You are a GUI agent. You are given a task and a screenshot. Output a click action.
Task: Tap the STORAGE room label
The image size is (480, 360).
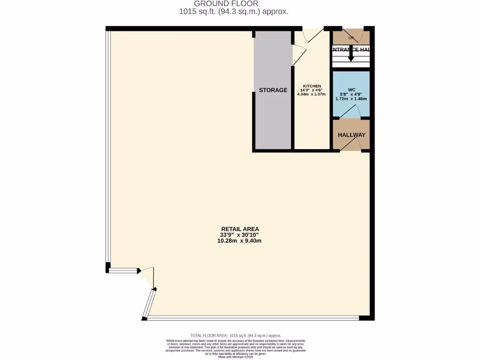(273, 90)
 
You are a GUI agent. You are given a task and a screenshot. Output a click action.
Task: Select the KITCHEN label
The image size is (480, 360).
(312, 86)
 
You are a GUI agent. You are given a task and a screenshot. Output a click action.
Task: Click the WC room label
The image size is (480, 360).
(352, 89)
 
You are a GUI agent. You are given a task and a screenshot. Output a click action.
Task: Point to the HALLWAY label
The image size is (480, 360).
(352, 135)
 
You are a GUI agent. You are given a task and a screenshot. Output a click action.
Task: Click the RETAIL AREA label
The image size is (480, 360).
(240, 229)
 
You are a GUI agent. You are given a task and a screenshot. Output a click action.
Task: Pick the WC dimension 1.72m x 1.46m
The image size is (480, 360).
(352, 99)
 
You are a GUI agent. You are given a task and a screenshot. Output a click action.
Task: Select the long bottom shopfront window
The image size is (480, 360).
(253, 318)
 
